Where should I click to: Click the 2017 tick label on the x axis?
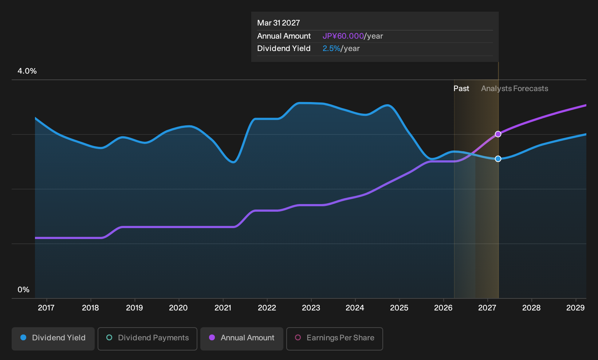point(46,308)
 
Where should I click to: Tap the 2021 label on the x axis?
point(223,308)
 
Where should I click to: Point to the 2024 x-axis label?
point(355,308)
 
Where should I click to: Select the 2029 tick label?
point(575,308)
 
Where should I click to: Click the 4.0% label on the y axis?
point(27,71)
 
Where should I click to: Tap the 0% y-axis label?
point(24,290)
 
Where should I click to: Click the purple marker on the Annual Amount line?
point(498,134)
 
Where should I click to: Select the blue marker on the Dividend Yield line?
point(498,159)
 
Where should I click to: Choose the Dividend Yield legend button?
point(53,339)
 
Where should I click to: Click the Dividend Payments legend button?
point(147,339)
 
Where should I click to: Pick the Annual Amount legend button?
point(241,339)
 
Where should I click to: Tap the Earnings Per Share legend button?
point(334,339)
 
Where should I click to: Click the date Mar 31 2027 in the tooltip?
point(279,23)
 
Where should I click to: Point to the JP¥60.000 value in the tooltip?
point(343,36)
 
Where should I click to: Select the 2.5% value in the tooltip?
point(331,48)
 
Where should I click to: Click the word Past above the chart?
point(461,89)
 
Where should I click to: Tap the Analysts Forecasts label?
point(515,89)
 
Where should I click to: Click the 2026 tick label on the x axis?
point(443,308)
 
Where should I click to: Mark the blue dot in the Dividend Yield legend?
point(24,337)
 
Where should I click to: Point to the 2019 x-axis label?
point(134,308)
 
